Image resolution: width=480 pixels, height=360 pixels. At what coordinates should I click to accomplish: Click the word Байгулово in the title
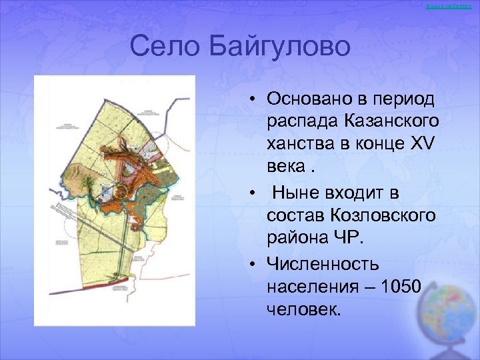tap(279, 47)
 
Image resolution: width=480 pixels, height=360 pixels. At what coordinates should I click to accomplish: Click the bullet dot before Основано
tap(255, 99)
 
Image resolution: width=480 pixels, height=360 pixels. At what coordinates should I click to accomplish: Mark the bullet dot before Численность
tap(255, 265)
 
